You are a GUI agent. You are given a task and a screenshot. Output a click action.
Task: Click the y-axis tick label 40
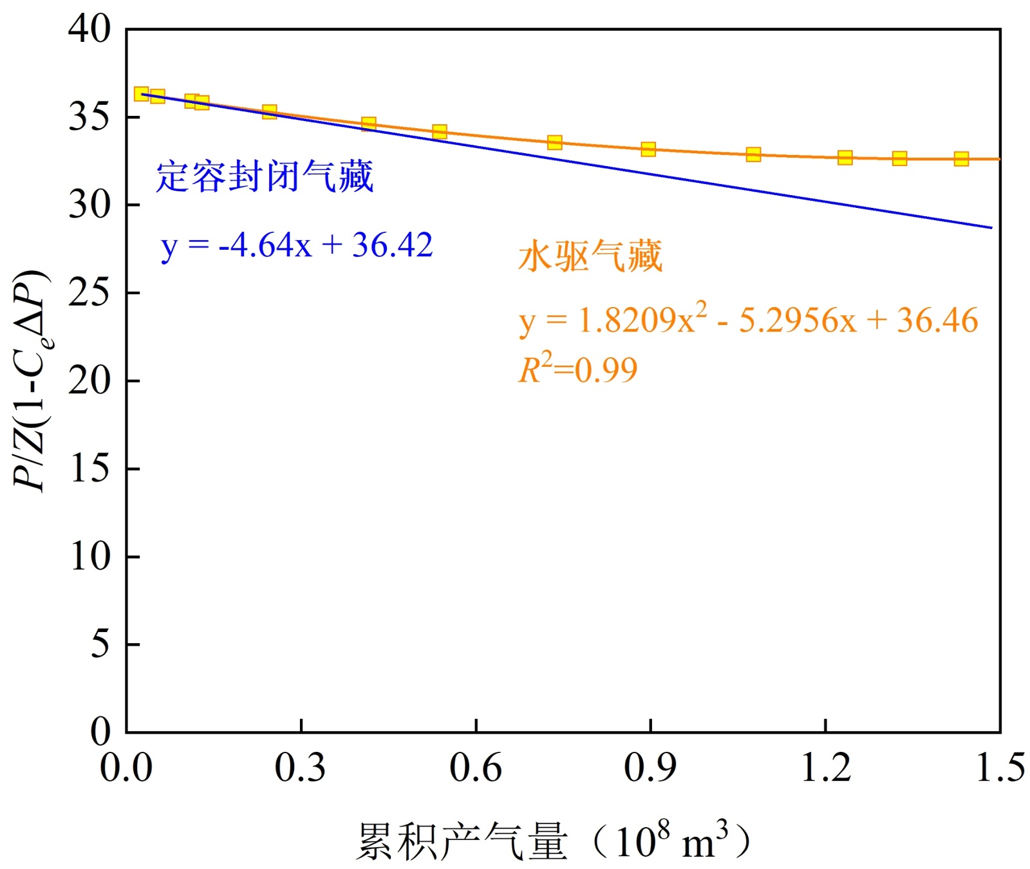tap(89, 30)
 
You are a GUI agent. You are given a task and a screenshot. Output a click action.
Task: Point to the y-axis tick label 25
tap(89, 294)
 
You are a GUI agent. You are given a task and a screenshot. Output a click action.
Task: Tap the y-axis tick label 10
tap(89, 557)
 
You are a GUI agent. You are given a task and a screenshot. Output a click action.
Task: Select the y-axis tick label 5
tap(100, 644)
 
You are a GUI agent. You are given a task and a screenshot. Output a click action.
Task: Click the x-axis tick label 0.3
tap(300, 767)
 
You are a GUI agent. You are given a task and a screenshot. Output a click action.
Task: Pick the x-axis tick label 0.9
tap(650, 767)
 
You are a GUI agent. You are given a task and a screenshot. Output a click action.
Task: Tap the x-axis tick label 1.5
tap(1000, 767)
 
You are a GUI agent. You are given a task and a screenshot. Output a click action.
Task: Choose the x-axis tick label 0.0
tap(126, 767)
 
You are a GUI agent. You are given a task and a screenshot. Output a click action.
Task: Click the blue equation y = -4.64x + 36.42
tap(297, 245)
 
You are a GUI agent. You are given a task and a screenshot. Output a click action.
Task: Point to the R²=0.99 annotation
tap(577, 369)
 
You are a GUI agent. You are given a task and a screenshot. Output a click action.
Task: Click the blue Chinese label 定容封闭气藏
tap(265, 176)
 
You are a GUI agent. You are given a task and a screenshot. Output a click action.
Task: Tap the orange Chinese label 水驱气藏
tap(590, 256)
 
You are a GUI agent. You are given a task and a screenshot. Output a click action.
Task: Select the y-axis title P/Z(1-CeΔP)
tap(30, 380)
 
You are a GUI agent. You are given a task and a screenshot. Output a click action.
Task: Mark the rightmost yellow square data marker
tap(961, 159)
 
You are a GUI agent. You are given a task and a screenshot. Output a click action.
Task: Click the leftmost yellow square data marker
tap(142, 94)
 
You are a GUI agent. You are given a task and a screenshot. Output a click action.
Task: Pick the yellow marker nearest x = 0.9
tap(648, 149)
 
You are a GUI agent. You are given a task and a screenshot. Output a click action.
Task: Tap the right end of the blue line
tap(991, 227)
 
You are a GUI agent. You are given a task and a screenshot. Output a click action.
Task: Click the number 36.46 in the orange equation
tap(937, 320)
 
